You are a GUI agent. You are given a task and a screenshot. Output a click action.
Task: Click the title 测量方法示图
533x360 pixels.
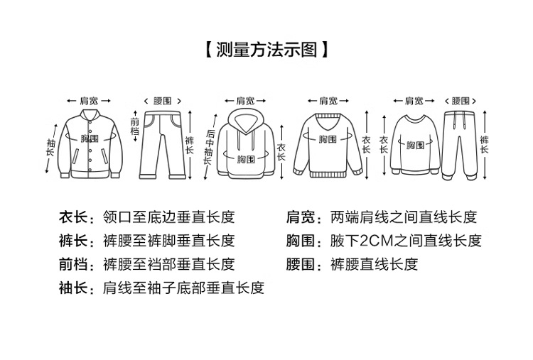(x=266, y=50)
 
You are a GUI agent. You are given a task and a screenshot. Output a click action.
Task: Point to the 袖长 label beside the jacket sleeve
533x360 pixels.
(x=50, y=148)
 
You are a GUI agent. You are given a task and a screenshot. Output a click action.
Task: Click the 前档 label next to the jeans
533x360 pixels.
(x=135, y=126)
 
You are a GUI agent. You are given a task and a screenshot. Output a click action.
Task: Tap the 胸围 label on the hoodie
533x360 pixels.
(x=246, y=158)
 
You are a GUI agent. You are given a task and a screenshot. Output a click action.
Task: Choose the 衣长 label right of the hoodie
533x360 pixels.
(x=281, y=152)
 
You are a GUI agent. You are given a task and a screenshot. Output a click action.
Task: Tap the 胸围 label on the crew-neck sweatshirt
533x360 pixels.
(x=415, y=145)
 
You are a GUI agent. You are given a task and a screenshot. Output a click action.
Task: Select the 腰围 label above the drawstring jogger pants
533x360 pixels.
(x=461, y=100)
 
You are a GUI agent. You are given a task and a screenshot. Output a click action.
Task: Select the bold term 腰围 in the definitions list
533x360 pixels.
(x=301, y=264)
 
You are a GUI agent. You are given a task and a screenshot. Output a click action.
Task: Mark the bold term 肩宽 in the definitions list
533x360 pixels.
(x=301, y=217)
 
